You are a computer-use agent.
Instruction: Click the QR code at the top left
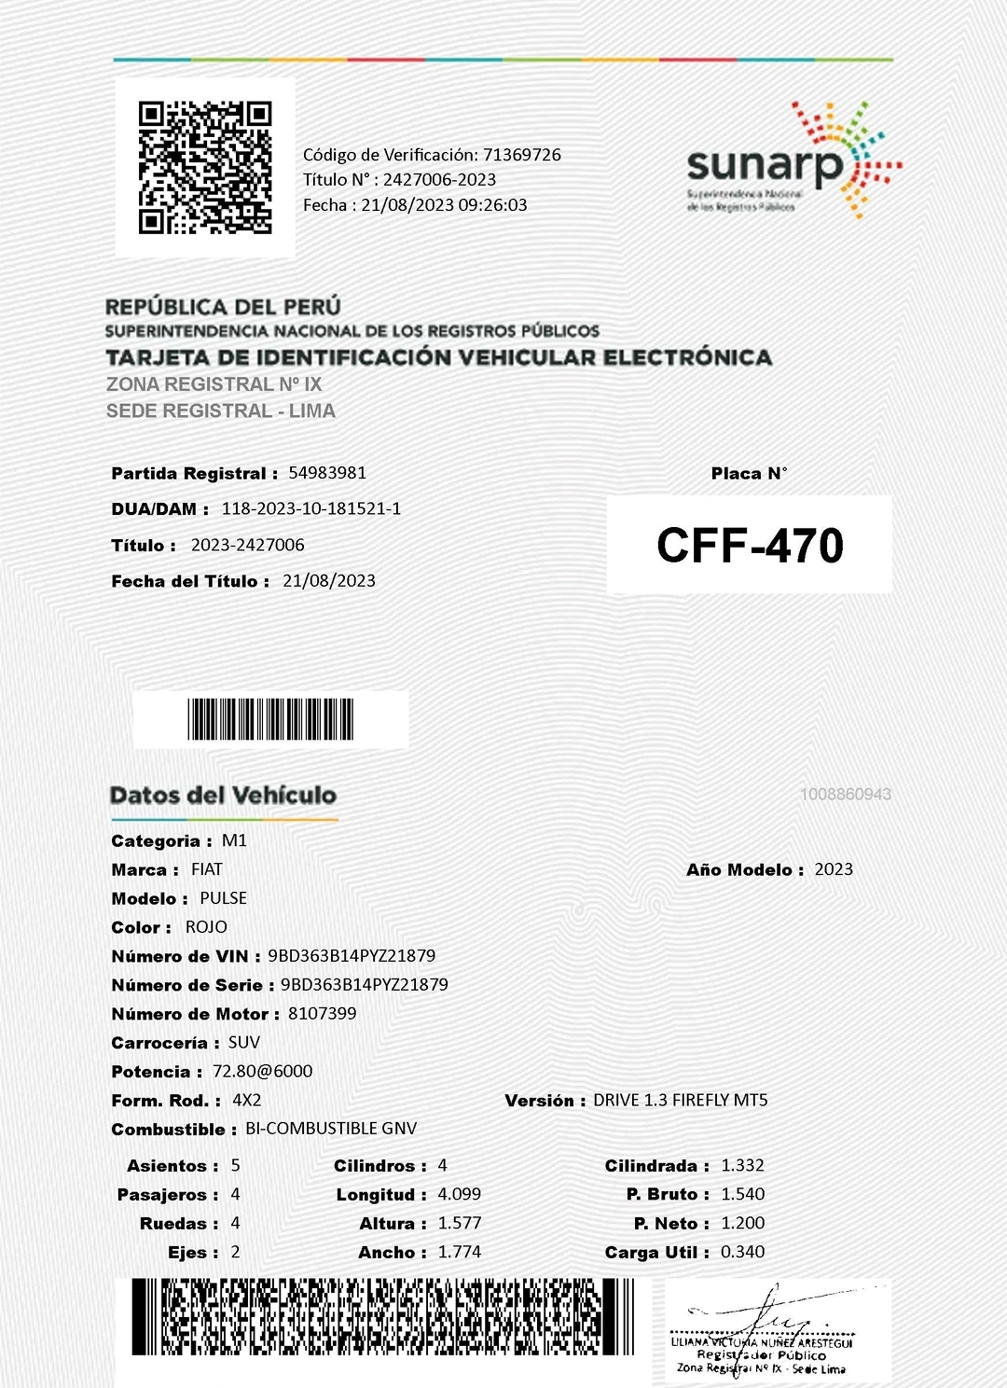pyautogui.click(x=205, y=167)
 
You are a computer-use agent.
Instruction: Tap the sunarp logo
pyautogui.click(x=793, y=162)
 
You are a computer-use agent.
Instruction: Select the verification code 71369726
pyautogui.click(x=521, y=155)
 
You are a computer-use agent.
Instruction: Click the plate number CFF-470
pyautogui.click(x=750, y=546)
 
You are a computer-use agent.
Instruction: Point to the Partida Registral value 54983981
pyautogui.click(x=327, y=473)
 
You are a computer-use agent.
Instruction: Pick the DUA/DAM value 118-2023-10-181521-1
pyautogui.click(x=310, y=508)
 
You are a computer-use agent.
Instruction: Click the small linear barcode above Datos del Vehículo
pyautogui.click(x=270, y=719)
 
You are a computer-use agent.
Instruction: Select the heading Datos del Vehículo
pyautogui.click(x=223, y=796)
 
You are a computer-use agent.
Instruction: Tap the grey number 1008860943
pyautogui.click(x=845, y=795)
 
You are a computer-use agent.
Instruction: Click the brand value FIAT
pyautogui.click(x=207, y=869)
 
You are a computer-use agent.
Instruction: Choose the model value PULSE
pyautogui.click(x=224, y=898)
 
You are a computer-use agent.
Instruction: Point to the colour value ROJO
pyautogui.click(x=206, y=927)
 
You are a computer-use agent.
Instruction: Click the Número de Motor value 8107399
pyautogui.click(x=322, y=1014)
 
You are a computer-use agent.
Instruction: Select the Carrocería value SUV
pyautogui.click(x=244, y=1043)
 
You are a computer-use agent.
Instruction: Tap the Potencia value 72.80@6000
pyautogui.click(x=262, y=1072)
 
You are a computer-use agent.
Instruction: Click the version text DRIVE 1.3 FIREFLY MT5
pyautogui.click(x=681, y=1101)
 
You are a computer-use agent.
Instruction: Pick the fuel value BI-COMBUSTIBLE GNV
pyautogui.click(x=331, y=1129)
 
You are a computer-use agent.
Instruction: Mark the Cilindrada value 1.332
pyautogui.click(x=742, y=1166)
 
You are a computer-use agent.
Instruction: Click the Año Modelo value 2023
pyautogui.click(x=834, y=869)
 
